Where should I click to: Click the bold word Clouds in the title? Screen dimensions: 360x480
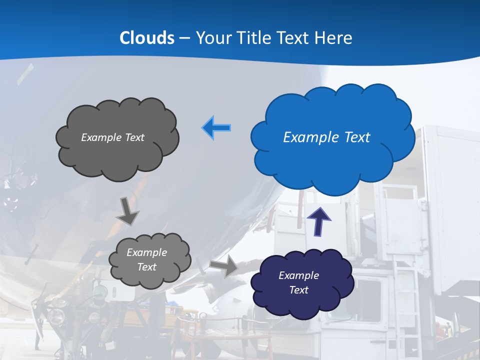tap(146, 38)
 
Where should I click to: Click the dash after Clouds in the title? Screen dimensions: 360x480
tap(184, 38)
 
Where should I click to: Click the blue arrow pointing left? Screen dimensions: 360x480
tap(216, 128)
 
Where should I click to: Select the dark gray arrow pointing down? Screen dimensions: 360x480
tap(128, 210)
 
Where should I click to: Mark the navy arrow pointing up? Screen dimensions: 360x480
tap(318, 221)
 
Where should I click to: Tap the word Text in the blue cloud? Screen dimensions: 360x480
tap(355, 137)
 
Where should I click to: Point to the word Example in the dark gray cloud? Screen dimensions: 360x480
tap(99, 137)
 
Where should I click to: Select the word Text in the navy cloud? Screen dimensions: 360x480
tap(298, 290)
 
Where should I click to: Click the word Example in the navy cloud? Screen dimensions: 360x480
tap(298, 275)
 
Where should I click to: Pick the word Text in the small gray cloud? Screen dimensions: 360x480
tap(146, 267)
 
